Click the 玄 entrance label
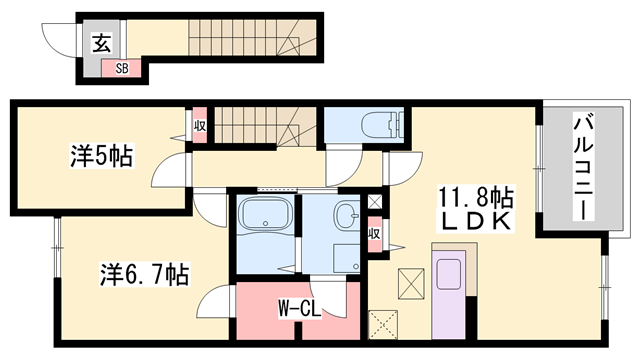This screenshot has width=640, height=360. tap(101, 44)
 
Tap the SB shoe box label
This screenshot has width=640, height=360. tap(122, 68)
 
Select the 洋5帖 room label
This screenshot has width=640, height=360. tap(102, 156)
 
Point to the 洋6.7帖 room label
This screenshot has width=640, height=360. tap(144, 275)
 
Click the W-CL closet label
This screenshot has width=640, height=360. tap(300, 309)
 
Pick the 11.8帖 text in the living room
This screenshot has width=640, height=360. tap(476, 198)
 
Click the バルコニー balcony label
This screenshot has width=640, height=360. tap(584, 166)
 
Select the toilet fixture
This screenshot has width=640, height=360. tap(382, 122)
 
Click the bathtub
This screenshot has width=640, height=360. tap(265, 216)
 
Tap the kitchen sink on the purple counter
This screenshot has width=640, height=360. tap(449, 274)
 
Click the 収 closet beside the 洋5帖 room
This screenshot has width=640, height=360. tap(200, 125)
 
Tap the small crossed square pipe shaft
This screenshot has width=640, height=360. tap(375, 202)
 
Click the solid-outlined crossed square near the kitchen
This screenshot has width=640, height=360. tap(411, 283)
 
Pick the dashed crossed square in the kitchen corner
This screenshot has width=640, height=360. tap(383, 325)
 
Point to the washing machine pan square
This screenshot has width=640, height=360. tap(347, 258)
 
